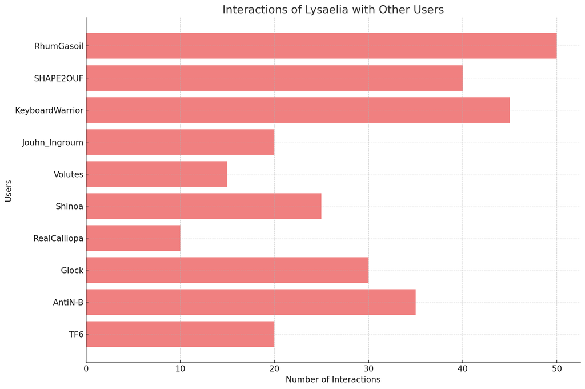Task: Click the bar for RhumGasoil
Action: click(321, 46)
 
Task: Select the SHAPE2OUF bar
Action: click(274, 78)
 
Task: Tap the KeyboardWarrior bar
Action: click(298, 110)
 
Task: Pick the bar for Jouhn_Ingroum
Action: click(180, 142)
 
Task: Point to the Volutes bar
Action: click(157, 174)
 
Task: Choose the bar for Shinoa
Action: click(203, 206)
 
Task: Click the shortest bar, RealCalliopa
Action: click(133, 238)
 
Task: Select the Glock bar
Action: click(227, 270)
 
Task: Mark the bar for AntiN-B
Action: click(251, 302)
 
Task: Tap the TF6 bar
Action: click(180, 334)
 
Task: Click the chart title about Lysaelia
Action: click(332, 10)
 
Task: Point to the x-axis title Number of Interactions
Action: click(332, 379)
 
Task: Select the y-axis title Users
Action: click(9, 190)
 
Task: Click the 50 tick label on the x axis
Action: click(556, 369)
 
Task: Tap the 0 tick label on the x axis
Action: click(86, 369)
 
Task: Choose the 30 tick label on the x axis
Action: click(368, 369)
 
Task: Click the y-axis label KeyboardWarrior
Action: click(49, 110)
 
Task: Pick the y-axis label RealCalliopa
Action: click(58, 238)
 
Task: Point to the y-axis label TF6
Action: click(76, 334)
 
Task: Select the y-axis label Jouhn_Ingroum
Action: click(53, 142)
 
